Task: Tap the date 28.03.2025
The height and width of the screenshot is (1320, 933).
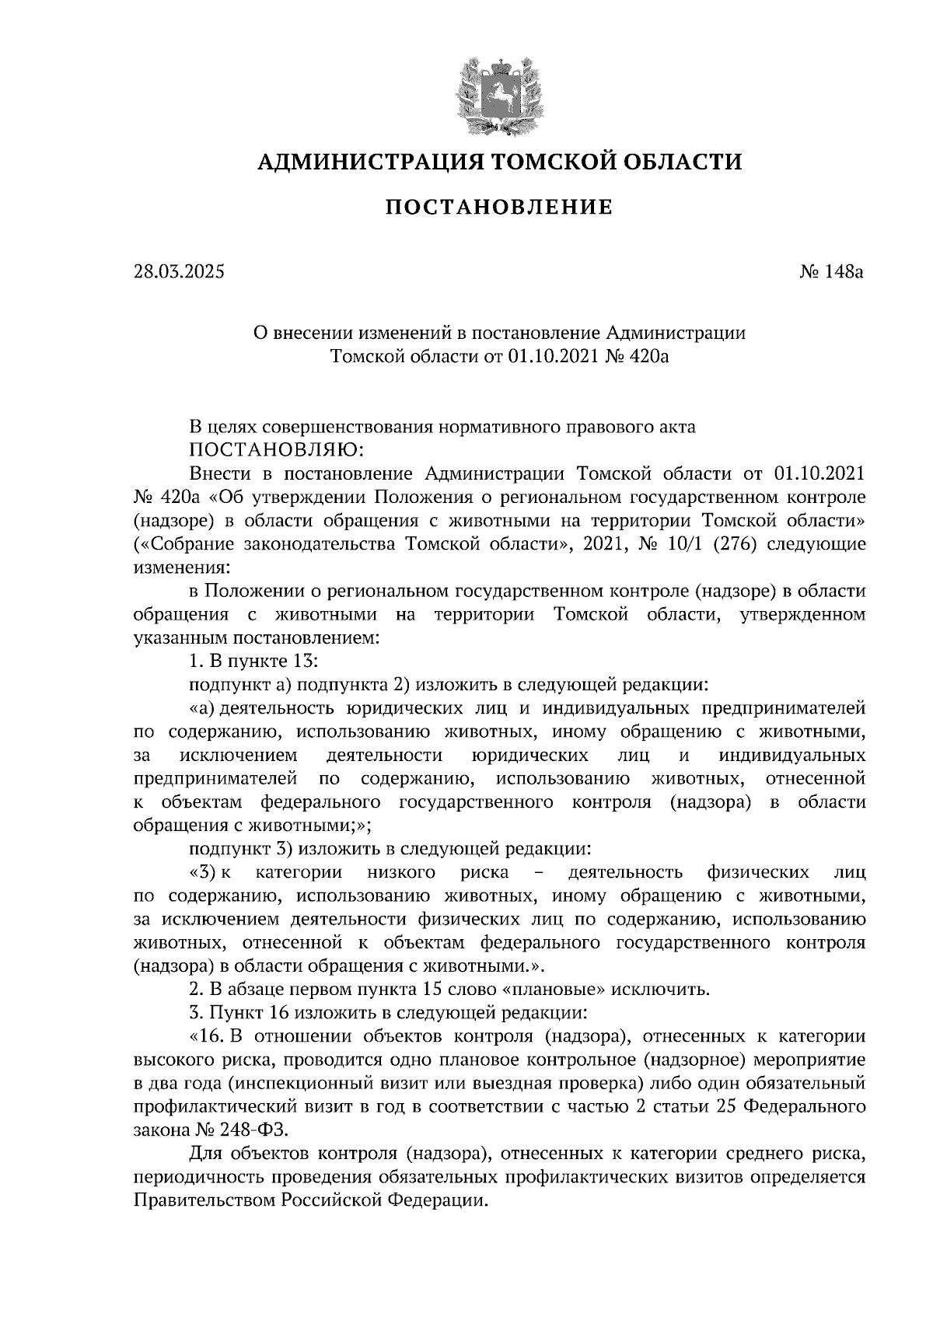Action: pyautogui.click(x=178, y=272)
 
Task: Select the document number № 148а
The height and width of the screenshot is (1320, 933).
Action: pyautogui.click(x=831, y=272)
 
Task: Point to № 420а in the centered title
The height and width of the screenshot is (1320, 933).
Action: pyautogui.click(x=636, y=357)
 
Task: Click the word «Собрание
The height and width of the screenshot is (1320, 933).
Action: pyautogui.click(x=187, y=543)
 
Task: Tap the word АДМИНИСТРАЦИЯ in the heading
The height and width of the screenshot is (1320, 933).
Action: pyautogui.click(x=361, y=162)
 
